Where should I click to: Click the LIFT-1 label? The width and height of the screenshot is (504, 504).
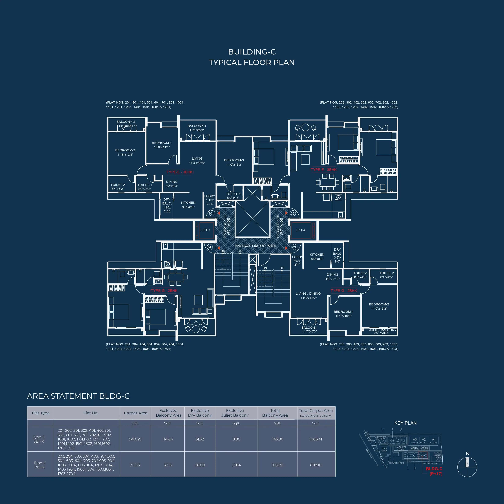pyautogui.click(x=205, y=230)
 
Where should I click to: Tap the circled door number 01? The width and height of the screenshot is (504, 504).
pyautogui.click(x=212, y=213)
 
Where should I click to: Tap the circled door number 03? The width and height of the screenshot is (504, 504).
pyautogui.click(x=294, y=247)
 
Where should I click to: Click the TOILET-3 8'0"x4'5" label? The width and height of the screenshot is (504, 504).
pyautogui.click(x=233, y=196)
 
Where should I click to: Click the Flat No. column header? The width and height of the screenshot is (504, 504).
pyautogui.click(x=91, y=413)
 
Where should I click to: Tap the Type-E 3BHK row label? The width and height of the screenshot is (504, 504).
pyautogui.click(x=39, y=439)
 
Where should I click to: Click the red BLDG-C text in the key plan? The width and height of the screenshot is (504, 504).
pyautogui.click(x=434, y=469)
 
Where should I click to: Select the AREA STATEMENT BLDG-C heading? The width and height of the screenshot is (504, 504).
pyautogui.click(x=78, y=396)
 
